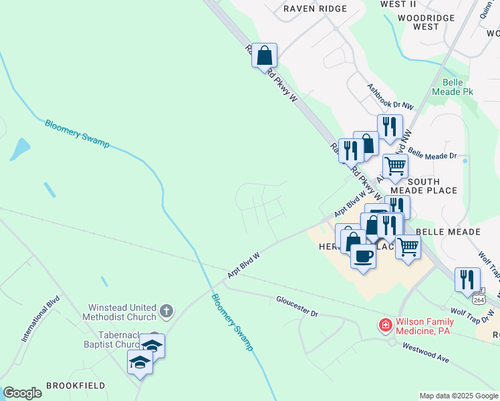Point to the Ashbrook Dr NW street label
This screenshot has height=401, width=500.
390,97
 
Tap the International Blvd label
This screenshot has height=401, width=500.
40,319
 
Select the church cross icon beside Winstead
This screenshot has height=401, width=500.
166,311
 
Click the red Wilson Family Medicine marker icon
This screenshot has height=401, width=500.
385,325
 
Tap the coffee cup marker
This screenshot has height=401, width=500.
363,255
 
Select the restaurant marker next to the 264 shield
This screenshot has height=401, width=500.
467,279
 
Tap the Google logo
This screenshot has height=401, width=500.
22,393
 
